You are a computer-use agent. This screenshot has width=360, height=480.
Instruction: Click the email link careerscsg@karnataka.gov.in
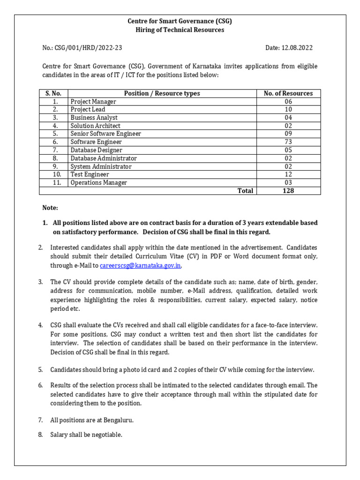[x=140, y=266]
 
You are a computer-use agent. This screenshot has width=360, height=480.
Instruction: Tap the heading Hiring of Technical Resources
[x=180, y=30]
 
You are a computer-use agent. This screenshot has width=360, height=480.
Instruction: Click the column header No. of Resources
[x=288, y=93]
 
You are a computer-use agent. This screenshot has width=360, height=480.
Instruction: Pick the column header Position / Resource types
[x=162, y=93]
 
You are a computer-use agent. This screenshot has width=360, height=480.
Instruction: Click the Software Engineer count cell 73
[x=288, y=142]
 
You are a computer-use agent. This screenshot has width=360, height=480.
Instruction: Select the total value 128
[x=288, y=191]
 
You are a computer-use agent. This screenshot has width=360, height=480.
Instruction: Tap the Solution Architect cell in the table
[x=95, y=126]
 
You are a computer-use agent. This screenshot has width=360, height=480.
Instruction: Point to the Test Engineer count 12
[x=288, y=174]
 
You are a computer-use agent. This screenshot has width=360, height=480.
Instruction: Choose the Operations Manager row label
[x=98, y=183]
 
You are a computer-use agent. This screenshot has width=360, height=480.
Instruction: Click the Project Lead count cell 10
[x=288, y=109]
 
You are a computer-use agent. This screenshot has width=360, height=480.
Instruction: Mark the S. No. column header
[x=53, y=93]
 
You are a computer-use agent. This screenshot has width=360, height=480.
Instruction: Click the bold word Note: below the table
[x=50, y=208]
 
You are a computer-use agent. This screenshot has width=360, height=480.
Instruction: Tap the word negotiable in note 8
[x=107, y=435]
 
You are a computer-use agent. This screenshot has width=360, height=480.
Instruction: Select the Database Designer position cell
[x=96, y=150]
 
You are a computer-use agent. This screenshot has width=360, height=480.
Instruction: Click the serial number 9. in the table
[x=55, y=166]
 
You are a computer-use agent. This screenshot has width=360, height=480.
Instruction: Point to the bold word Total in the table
[x=245, y=191]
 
